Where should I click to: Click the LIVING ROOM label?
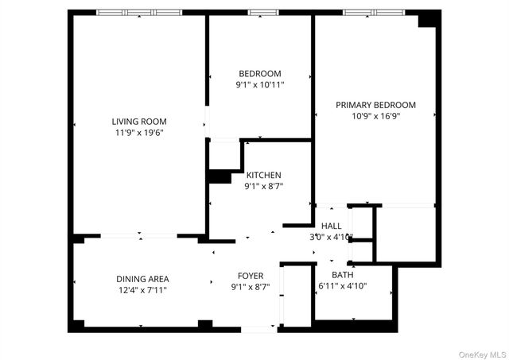click(x=139, y=122)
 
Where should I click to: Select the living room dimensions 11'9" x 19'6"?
click(x=139, y=133)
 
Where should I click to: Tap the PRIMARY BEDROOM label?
click(x=375, y=105)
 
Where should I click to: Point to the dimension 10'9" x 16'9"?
click(x=375, y=116)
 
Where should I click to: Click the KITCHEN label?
click(x=263, y=175)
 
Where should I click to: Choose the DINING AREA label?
click(x=142, y=279)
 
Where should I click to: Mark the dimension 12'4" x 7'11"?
click(x=142, y=290)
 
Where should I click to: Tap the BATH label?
click(x=343, y=275)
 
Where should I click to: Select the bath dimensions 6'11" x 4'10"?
click(x=342, y=286)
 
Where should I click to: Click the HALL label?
click(x=332, y=226)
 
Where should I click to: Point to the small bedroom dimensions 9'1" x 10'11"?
click(x=260, y=84)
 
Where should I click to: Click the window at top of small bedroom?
click(x=260, y=13)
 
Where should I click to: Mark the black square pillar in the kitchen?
click(x=219, y=176)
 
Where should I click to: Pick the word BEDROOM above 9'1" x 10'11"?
click(x=260, y=73)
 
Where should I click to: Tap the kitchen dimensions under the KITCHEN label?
click(x=263, y=186)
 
